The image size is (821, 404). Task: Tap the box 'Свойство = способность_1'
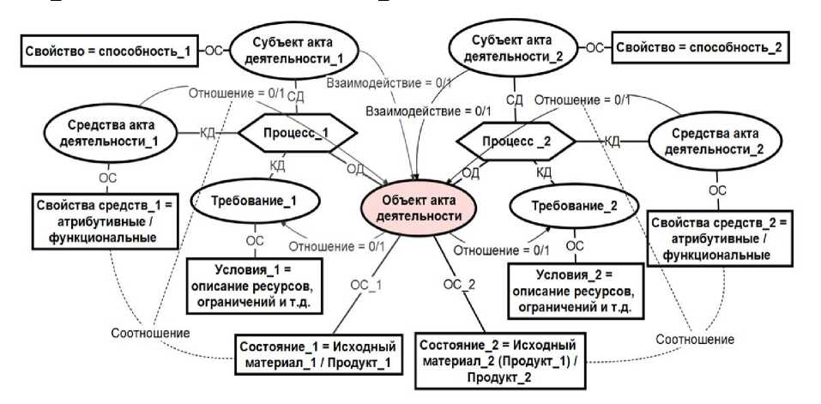108,50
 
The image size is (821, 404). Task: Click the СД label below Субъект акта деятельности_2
515,100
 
